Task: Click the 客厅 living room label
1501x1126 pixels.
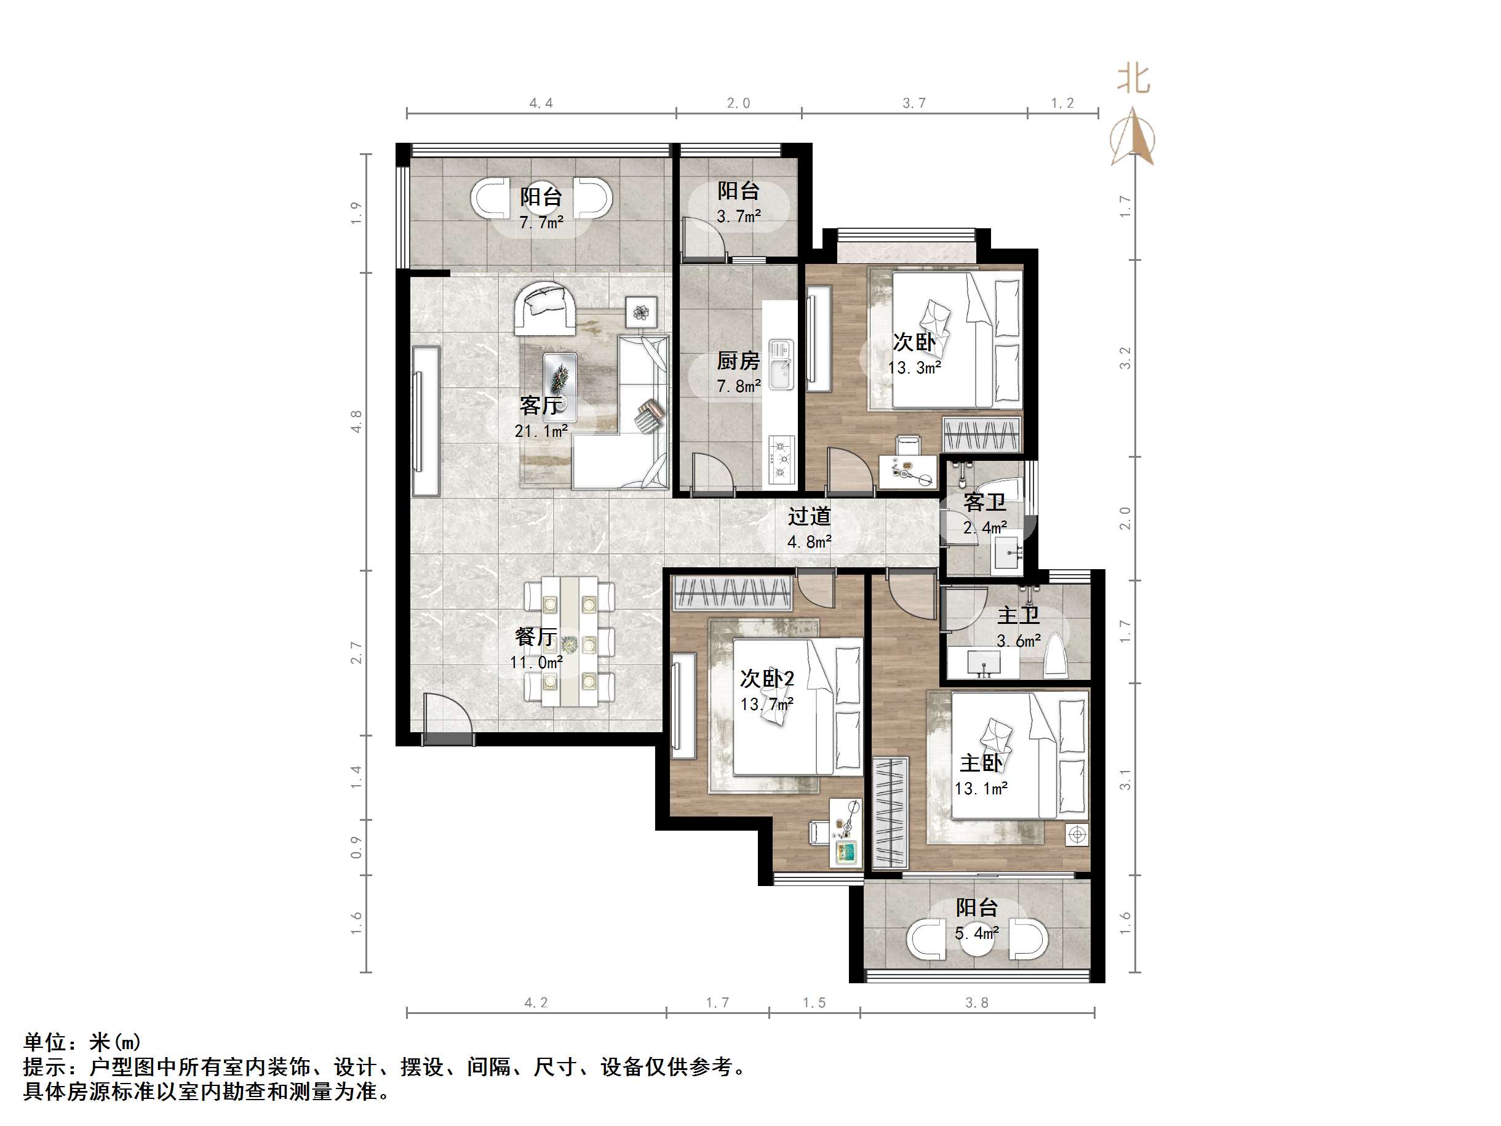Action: pos(540,405)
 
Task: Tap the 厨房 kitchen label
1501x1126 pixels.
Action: pos(738,361)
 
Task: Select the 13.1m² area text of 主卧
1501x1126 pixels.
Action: pos(981,789)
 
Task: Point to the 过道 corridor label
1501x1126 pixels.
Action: pos(809,516)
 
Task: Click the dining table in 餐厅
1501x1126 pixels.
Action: pos(568,641)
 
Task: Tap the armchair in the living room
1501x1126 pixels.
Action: pos(545,309)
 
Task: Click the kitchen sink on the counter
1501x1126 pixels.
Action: pos(782,364)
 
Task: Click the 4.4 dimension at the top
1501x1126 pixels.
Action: pos(541,103)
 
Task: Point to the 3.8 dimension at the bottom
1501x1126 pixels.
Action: pos(976,1002)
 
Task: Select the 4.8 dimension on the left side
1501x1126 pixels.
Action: pos(356,421)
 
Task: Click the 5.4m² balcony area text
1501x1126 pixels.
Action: pos(976,933)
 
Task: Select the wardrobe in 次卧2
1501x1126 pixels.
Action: pos(732,593)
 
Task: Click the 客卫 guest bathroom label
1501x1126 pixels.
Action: pos(985,502)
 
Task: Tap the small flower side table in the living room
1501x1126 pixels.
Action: pos(641,312)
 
